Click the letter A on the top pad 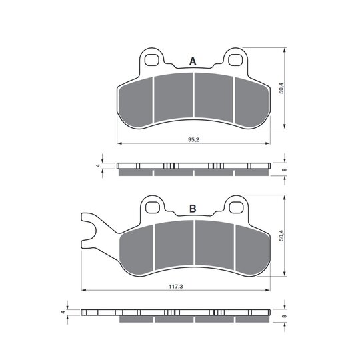point(193,61)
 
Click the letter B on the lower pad point(193,209)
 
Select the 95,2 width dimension point(193,139)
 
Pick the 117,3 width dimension point(175,286)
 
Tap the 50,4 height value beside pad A point(282,88)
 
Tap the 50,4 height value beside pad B point(282,235)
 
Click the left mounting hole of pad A point(152,60)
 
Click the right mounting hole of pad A point(235,60)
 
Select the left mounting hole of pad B point(153,207)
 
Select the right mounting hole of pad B point(236,207)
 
